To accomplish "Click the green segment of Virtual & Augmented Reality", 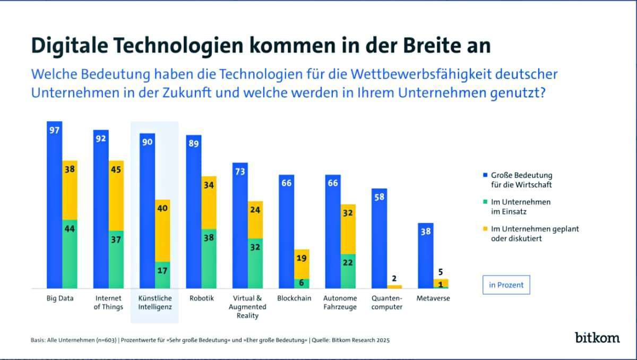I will point(255,263).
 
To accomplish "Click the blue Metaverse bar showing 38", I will point(425,255).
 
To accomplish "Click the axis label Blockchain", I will point(294,298).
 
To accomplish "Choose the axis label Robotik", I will point(202,298).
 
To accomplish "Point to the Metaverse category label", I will point(433,298).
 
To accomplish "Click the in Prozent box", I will point(506,285).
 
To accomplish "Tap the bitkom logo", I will point(597,337).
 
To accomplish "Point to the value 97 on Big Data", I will point(54,131).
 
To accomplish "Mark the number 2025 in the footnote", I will point(382,340).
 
